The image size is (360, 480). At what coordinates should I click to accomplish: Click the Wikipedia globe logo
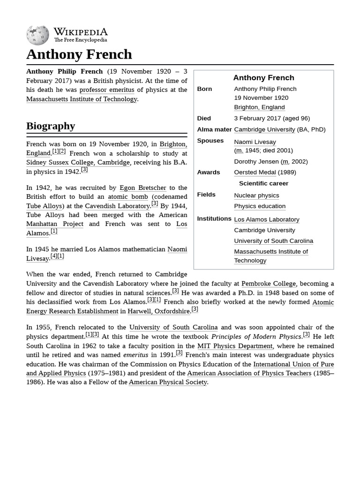coord(37,35)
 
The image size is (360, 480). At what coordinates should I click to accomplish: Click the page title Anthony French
coord(79,54)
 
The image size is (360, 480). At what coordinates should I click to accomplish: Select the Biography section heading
coord(51,126)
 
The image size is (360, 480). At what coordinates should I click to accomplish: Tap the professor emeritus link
coord(106,90)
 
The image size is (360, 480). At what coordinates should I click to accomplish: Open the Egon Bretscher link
coord(142,187)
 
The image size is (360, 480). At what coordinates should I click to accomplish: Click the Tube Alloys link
coord(44,206)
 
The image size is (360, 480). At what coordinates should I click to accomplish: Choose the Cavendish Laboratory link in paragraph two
coord(117,206)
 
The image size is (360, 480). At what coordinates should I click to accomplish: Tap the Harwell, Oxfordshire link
coord(158,311)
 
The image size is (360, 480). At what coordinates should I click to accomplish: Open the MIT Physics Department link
coord(234,346)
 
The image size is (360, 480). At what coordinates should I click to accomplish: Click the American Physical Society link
coord(168,382)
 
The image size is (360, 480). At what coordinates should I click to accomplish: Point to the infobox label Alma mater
coord(214,129)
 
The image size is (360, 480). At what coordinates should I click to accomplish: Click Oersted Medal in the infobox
coord(255,172)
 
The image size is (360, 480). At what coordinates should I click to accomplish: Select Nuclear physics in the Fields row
coord(256,195)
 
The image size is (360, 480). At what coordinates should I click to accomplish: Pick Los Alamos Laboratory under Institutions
coord(266,219)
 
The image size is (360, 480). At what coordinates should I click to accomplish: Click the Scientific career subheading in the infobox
coord(263,183)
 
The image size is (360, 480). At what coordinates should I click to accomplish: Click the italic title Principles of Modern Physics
coord(256,337)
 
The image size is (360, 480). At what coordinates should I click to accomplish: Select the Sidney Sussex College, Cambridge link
coord(78,162)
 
